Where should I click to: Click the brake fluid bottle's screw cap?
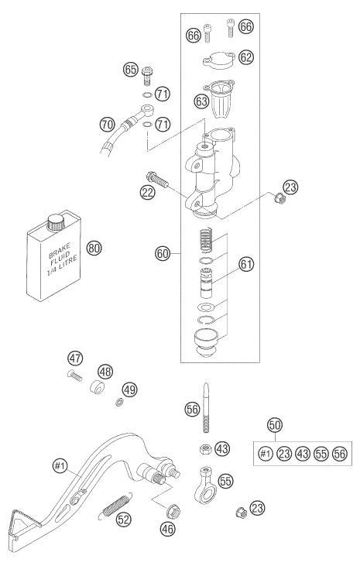pos(56,221)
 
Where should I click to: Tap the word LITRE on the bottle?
pos(67,262)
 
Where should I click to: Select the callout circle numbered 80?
pos(94,248)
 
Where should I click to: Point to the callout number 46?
pos(167,529)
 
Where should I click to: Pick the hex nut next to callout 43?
pos(204,450)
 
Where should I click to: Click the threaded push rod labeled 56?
pos(206,408)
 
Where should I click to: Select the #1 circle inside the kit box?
pos(266,454)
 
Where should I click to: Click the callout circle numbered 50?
pos(275,425)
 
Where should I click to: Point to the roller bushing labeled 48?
pos(97,387)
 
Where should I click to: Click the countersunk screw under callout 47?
pos(74,376)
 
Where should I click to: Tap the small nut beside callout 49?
pos(118,402)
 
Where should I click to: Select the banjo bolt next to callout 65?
pos(146,75)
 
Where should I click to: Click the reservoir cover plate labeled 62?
pos(219,60)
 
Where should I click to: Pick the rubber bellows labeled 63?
pos(220,98)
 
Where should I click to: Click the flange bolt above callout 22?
pos(157,180)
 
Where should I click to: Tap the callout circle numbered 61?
pos(246,264)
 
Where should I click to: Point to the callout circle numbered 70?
pos(108,125)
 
